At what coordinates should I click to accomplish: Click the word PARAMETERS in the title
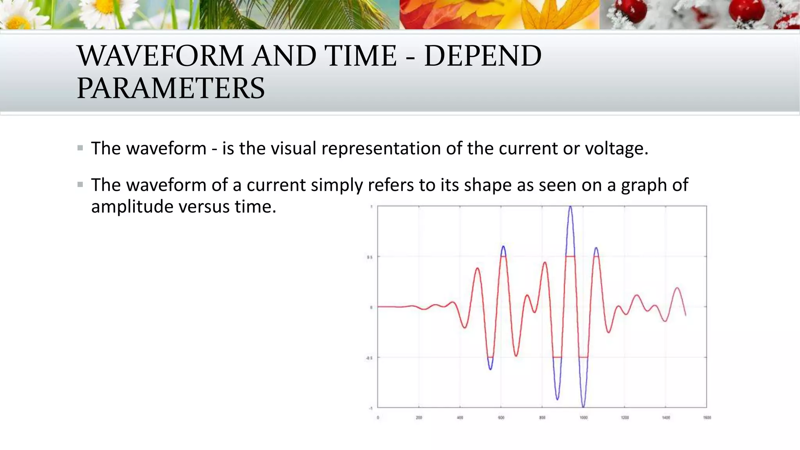tap(171, 88)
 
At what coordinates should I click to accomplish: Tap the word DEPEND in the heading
tap(483, 56)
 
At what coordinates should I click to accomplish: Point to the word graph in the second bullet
tap(644, 185)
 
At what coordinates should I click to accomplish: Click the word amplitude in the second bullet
tap(132, 206)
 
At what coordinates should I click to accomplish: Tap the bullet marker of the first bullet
tap(80, 148)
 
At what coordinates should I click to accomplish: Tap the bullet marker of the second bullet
tap(80, 184)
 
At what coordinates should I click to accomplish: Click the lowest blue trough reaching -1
tap(583, 406)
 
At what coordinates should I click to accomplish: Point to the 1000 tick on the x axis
tap(584, 418)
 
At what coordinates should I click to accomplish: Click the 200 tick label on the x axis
tap(419, 418)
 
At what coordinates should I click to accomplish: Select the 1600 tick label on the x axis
tap(707, 418)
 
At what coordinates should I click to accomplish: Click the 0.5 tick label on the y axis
tap(369, 257)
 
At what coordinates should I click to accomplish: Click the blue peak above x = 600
tap(503, 247)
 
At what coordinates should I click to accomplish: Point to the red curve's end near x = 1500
tap(686, 315)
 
